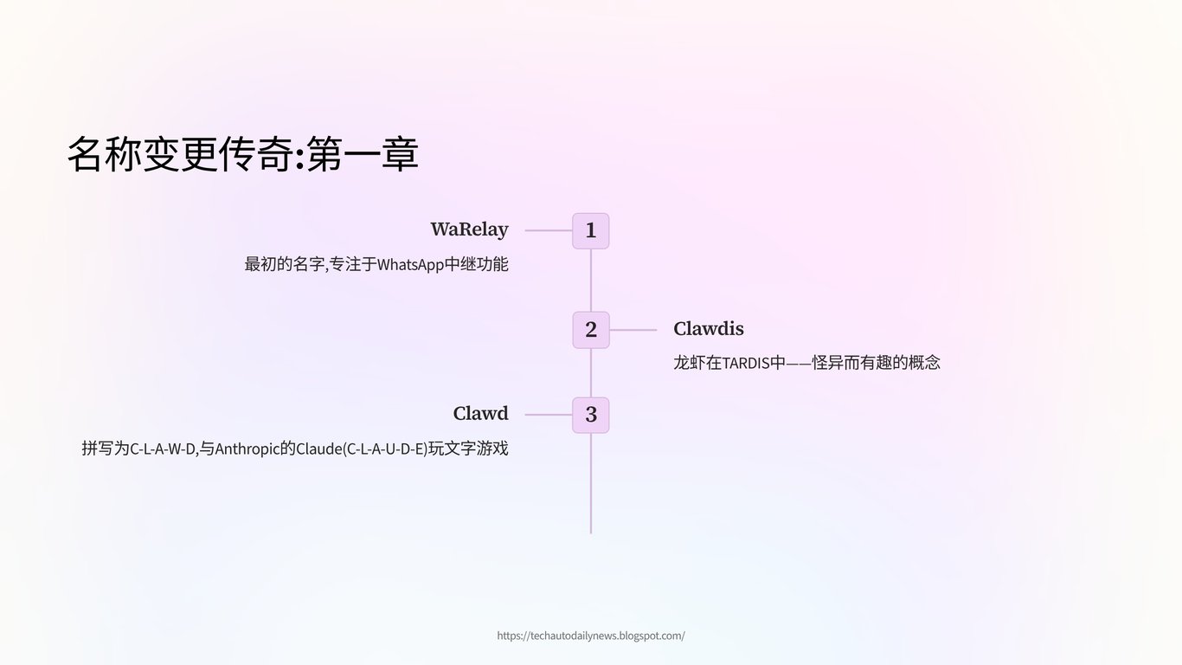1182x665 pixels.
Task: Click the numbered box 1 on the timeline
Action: click(x=591, y=231)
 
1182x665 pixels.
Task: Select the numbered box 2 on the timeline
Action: click(x=591, y=330)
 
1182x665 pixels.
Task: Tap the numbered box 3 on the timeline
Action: click(x=591, y=415)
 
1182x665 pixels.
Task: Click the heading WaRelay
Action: click(x=469, y=230)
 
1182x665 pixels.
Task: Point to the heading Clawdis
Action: click(x=708, y=329)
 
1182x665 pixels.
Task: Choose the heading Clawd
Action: click(x=480, y=414)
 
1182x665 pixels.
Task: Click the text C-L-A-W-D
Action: click(x=163, y=449)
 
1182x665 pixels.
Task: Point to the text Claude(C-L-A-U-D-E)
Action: click(x=362, y=449)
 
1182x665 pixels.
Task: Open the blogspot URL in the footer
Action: click(x=591, y=636)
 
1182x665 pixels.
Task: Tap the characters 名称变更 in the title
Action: click(x=142, y=155)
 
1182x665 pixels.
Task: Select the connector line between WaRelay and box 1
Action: click(x=549, y=231)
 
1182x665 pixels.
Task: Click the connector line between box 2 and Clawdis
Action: click(x=633, y=330)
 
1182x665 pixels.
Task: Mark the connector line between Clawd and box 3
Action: click(x=549, y=415)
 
